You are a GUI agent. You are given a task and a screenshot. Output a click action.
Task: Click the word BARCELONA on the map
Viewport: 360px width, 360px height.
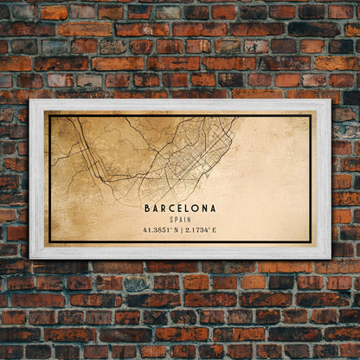(x=180, y=209)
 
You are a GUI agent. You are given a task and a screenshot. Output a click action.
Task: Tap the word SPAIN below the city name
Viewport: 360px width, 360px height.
(x=180, y=220)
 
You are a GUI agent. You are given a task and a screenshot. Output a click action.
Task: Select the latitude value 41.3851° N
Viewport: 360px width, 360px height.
(x=161, y=230)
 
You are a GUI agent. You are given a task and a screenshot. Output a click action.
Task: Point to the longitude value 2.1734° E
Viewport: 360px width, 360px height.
(x=200, y=230)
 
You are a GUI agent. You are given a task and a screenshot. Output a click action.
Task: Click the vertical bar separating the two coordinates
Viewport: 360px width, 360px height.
(x=180, y=230)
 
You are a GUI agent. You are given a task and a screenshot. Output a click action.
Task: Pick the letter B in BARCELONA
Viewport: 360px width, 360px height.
(x=148, y=209)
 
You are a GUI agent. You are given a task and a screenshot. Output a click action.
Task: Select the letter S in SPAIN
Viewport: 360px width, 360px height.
(x=171, y=220)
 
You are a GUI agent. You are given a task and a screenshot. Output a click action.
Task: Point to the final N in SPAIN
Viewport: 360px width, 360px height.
(x=189, y=220)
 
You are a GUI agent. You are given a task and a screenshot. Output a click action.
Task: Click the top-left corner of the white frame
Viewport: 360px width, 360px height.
(x=30, y=101)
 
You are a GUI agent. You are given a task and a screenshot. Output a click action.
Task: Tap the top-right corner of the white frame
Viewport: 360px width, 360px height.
(x=330, y=101)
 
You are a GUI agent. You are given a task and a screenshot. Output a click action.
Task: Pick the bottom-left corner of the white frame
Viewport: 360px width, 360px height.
(x=30, y=258)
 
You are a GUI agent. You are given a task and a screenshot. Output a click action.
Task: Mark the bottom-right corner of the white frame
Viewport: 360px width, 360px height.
(x=330, y=258)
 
